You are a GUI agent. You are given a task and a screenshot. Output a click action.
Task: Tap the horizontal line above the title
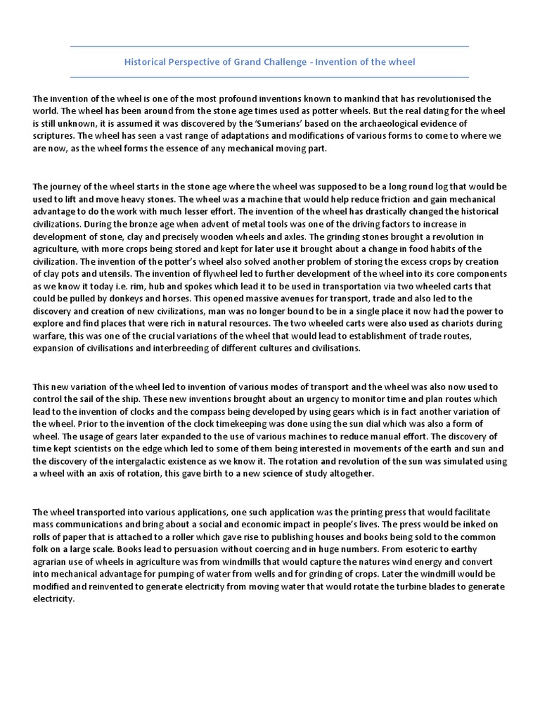[269, 46]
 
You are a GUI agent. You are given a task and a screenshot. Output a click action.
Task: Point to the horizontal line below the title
[269, 77]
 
